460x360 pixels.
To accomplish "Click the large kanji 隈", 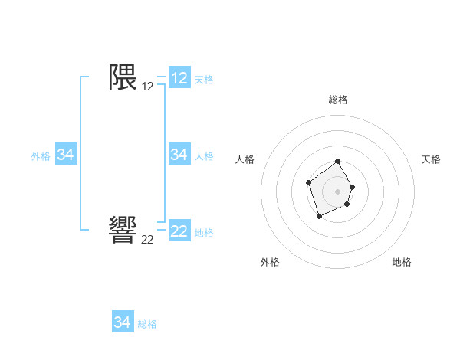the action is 123,77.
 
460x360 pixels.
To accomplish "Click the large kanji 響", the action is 123,230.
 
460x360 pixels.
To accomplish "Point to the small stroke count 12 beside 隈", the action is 147,87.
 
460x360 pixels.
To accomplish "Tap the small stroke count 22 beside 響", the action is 147,240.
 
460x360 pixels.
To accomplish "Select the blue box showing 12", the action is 179,78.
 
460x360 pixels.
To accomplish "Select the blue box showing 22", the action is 179,231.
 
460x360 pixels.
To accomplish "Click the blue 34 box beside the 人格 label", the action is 179,155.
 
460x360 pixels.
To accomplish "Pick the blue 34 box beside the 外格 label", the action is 66,155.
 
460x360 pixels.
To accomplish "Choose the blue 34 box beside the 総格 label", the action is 123,322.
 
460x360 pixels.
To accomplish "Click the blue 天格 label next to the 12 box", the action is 204,80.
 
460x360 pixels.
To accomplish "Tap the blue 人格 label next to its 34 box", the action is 204,156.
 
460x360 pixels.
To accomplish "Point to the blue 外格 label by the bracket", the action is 41,156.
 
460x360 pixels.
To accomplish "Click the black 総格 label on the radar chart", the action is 338,100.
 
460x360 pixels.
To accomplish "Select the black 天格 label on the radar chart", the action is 431,159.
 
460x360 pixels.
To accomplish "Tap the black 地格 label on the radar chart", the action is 402,262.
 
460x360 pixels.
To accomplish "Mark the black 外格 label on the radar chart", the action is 270,262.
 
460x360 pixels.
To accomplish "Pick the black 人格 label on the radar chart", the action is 245,159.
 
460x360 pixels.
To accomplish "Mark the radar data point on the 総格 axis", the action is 338,162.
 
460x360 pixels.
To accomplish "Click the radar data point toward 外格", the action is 320,217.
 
